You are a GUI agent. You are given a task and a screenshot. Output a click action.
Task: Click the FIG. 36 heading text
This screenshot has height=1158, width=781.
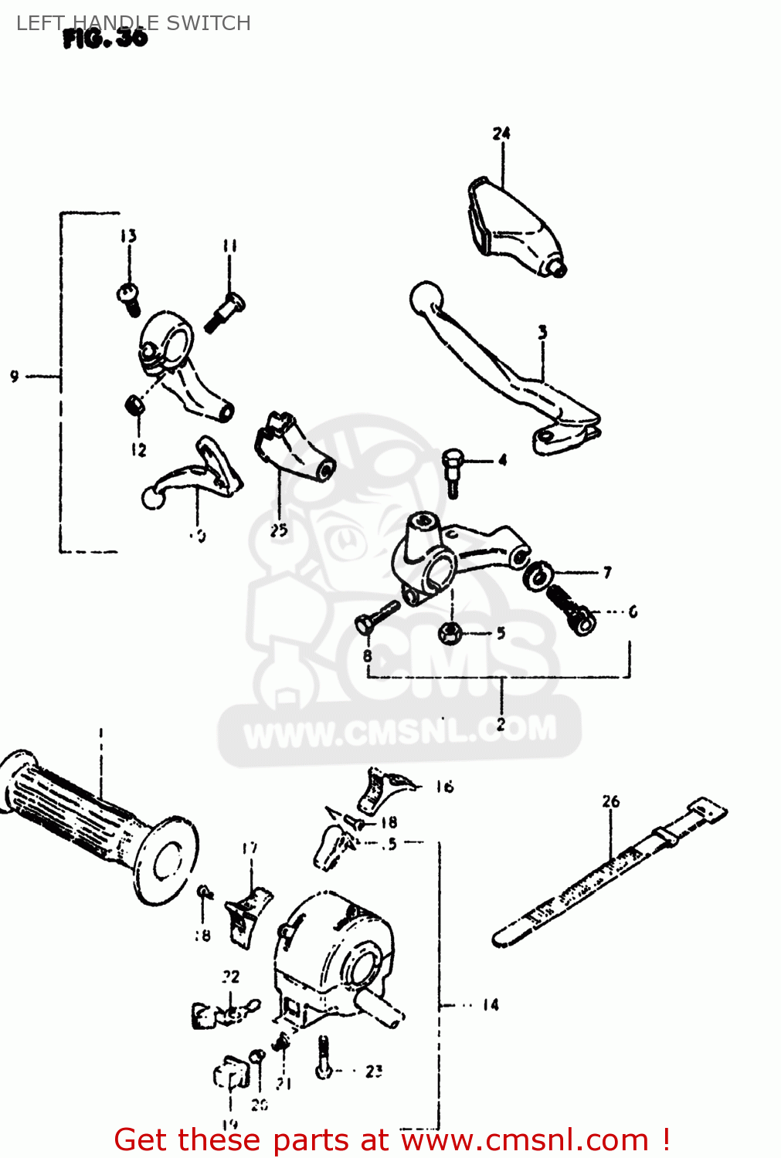click(105, 38)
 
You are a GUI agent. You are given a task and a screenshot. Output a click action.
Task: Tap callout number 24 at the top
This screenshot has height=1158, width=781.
click(501, 134)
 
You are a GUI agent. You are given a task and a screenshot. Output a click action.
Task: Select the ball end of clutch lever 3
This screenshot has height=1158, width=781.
click(426, 297)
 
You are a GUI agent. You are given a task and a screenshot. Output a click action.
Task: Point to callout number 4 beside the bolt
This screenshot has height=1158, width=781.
click(502, 461)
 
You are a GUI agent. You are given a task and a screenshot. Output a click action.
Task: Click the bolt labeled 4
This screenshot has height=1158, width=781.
click(452, 471)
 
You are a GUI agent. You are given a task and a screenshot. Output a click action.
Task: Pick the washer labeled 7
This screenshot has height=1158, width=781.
click(536, 575)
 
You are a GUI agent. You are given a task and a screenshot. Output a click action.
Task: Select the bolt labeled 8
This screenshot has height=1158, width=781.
click(375, 617)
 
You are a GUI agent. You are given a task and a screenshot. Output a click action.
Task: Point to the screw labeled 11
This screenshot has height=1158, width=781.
click(224, 311)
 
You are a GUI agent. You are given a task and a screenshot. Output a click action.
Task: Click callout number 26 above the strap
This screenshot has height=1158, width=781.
click(610, 801)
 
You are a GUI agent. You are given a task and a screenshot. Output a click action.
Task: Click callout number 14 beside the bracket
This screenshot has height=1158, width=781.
click(491, 1004)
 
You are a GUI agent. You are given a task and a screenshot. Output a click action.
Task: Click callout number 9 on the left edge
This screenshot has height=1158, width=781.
click(14, 376)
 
